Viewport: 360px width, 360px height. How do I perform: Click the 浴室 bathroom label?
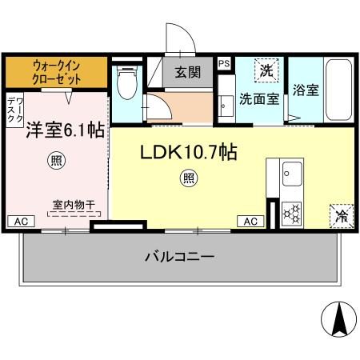tap(306, 90)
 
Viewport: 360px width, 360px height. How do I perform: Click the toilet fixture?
tap(126, 82)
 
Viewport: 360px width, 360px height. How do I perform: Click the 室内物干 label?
tap(74, 205)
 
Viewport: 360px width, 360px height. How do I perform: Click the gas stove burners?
tap(292, 213)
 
